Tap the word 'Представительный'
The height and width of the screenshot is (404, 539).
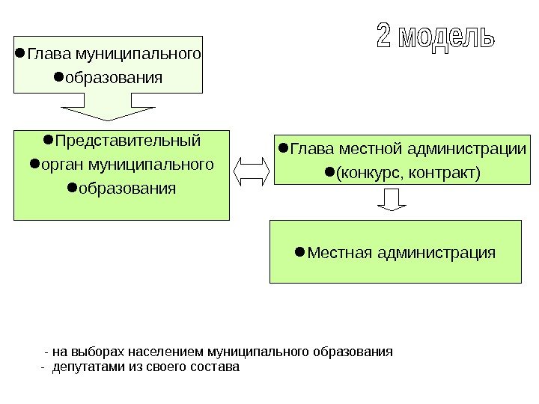click(127, 141)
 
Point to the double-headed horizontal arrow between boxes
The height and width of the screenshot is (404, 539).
click(252, 171)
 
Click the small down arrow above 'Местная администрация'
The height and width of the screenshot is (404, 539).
click(391, 200)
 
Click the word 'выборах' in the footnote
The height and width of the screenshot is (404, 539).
click(103, 352)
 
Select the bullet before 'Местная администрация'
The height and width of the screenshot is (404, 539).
click(299, 251)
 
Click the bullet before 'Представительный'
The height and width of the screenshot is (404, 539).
click(47, 140)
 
